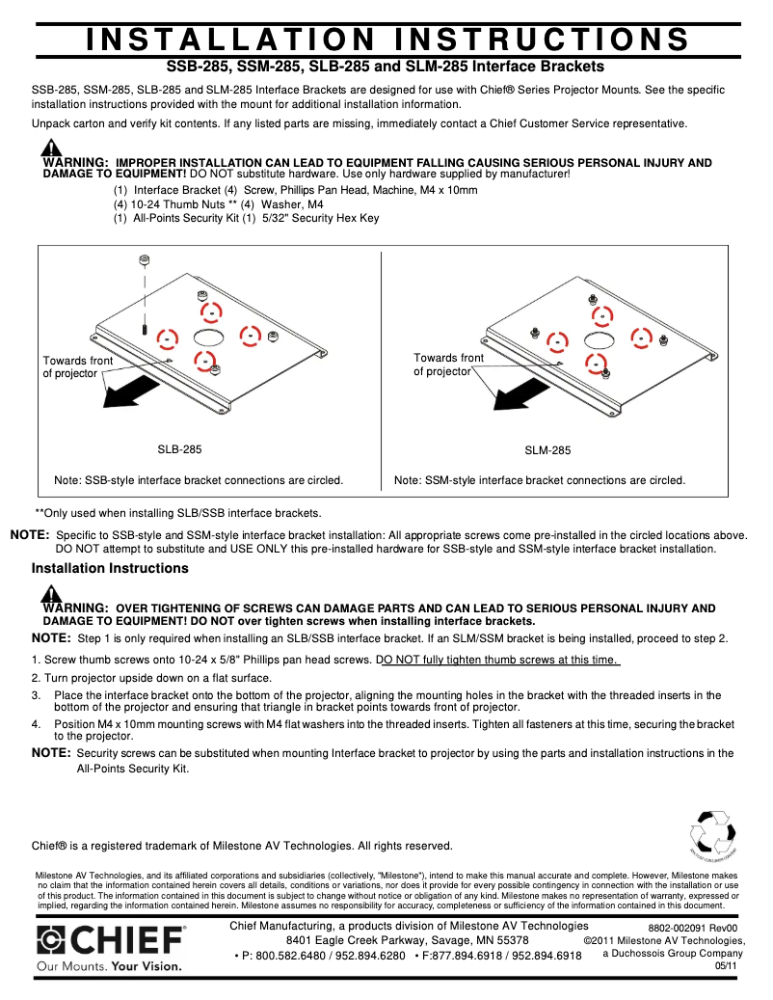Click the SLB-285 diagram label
pyautogui.click(x=179, y=449)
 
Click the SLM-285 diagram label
pyautogui.click(x=547, y=450)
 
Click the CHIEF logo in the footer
pyautogui.click(x=111, y=940)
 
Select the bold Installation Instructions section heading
pyautogui.click(x=110, y=568)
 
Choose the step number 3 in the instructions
pyautogui.click(x=36, y=695)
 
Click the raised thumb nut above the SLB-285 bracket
pyautogui.click(x=144, y=260)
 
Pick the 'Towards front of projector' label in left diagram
pyautogui.click(x=77, y=366)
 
